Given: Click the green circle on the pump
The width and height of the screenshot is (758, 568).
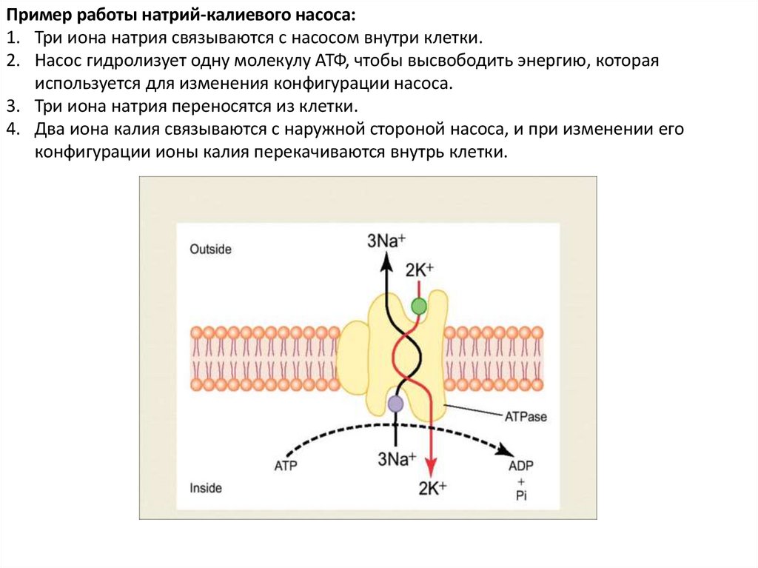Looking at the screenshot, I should (x=419, y=305).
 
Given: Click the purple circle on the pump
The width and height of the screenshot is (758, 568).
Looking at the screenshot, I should (x=395, y=404).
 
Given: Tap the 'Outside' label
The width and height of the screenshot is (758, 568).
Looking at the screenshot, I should (x=210, y=250).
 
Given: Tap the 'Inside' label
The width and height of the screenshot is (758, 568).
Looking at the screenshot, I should (x=205, y=488).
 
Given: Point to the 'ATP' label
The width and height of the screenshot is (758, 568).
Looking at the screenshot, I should (x=285, y=467).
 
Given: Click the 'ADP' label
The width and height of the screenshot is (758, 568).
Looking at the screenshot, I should (x=521, y=467).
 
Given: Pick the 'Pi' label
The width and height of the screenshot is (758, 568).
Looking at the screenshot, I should (x=521, y=496).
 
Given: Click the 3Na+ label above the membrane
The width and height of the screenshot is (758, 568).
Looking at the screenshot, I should (x=387, y=239).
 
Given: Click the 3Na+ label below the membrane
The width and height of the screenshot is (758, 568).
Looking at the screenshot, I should (x=397, y=458).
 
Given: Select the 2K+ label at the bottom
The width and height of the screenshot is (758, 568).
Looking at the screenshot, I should (x=432, y=488).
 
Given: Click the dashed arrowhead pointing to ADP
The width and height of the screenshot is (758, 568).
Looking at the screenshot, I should (x=506, y=450).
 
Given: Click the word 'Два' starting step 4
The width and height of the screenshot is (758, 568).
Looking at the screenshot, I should (x=48, y=129).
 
